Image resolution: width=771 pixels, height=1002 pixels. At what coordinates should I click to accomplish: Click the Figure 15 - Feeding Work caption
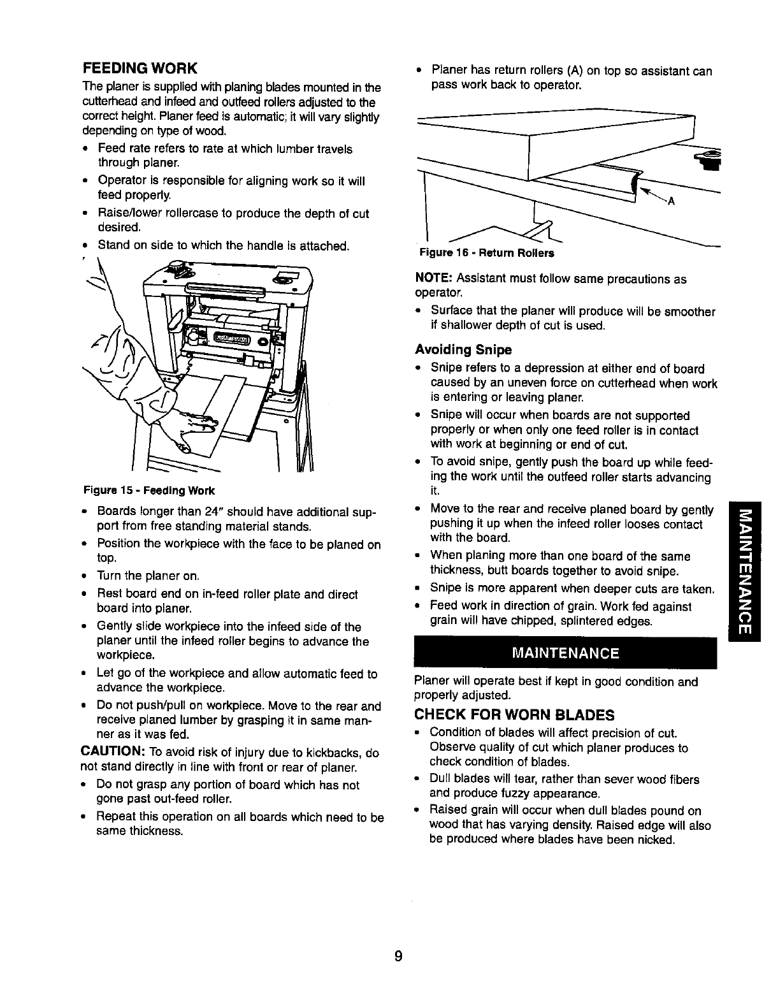149,491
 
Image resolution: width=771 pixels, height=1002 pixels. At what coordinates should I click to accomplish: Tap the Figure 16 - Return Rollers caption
486,253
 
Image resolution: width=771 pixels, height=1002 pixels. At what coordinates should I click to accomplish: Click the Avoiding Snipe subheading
463,349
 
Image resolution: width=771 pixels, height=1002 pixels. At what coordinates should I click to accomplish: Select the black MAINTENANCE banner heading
565,653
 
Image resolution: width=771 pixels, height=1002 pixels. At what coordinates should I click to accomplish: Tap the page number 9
398,956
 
